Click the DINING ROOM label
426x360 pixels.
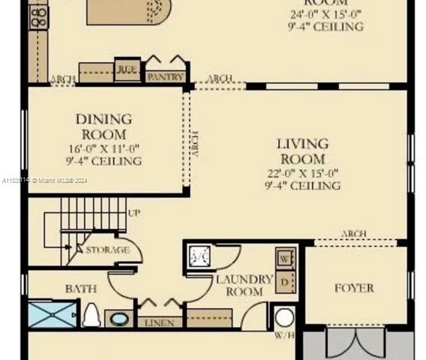[103, 126]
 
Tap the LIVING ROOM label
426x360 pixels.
[302, 151]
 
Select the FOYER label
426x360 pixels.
[354, 287]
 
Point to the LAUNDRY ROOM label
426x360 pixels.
[244, 285]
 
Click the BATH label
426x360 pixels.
[80, 288]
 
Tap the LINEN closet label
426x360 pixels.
[160, 322]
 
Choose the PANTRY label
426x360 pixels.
[165, 76]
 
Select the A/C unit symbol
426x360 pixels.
[200, 256]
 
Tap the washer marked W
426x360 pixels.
[285, 259]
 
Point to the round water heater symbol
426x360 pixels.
[284, 316]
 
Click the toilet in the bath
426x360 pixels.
[91, 315]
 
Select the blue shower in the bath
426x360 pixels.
[53, 313]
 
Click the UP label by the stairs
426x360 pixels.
[133, 214]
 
